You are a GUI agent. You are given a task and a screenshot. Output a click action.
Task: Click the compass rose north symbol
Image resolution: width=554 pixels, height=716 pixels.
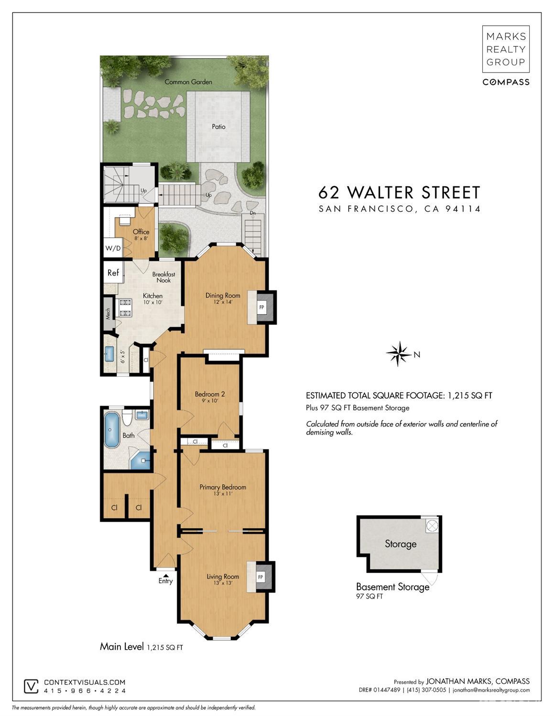[398, 354]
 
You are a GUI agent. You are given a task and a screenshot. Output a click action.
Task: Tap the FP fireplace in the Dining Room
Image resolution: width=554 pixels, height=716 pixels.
[261, 307]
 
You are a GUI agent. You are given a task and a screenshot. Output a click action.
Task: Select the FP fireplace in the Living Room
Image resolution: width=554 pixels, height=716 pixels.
[261, 577]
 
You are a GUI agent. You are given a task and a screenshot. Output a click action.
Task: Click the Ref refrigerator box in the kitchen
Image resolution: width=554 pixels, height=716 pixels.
[113, 273]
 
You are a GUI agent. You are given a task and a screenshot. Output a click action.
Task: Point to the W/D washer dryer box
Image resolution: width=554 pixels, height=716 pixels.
[113, 248]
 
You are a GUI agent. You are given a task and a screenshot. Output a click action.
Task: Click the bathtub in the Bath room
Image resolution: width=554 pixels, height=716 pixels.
[112, 429]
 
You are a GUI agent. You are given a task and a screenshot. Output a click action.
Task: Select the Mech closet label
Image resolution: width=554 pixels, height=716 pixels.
[109, 313]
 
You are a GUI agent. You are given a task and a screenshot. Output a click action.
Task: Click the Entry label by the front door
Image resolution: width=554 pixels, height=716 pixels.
[165, 581]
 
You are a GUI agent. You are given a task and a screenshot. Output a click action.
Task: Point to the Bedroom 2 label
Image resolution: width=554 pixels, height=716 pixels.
[209, 394]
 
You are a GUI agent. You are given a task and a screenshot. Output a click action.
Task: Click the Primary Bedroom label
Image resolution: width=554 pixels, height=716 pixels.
[223, 487]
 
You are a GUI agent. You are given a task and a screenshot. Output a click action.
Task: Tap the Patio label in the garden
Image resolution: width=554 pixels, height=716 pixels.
[218, 127]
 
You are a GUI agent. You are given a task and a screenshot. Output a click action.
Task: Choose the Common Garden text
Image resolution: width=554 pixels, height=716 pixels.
[188, 82]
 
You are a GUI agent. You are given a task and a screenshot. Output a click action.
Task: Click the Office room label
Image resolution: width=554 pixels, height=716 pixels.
[141, 232]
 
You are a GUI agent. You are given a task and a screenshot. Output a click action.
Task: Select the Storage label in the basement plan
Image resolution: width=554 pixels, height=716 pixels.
[401, 544]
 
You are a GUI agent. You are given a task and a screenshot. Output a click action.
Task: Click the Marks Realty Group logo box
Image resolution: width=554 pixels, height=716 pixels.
[506, 49]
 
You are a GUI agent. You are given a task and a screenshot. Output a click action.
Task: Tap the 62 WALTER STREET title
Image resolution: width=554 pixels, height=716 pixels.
[399, 192]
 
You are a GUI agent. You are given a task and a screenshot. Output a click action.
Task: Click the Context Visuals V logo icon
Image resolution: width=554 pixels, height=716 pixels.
[31, 686]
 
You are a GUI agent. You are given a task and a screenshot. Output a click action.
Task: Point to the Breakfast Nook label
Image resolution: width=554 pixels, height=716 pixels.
[163, 277]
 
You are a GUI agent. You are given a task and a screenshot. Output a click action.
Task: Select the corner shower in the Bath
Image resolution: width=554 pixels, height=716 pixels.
[141, 460]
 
